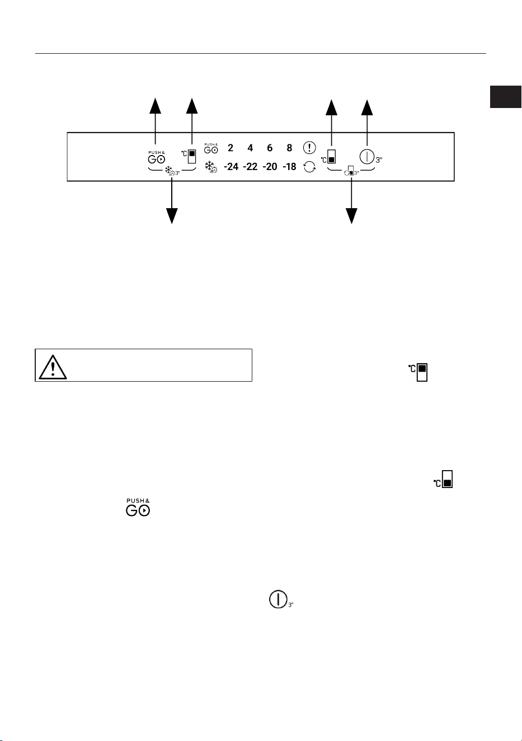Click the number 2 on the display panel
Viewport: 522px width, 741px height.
[x=231, y=148]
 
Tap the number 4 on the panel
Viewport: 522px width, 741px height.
[x=250, y=148]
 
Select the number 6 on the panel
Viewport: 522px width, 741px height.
[x=270, y=148]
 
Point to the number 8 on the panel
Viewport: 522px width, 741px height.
[x=289, y=148]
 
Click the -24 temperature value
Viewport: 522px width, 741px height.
[x=231, y=166]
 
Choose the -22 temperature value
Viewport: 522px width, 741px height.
[x=250, y=166]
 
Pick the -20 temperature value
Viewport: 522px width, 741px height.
[x=270, y=166]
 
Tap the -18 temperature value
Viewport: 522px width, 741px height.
[x=289, y=166]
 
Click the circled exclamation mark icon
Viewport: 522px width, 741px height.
[x=309, y=147]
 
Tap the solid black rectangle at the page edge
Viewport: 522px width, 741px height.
[x=505, y=97]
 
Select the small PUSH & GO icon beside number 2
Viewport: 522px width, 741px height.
[x=211, y=148]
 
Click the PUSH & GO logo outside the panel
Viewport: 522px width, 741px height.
[x=138, y=508]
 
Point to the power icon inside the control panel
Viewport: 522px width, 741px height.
[x=367, y=157]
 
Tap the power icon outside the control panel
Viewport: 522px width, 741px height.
[x=278, y=599]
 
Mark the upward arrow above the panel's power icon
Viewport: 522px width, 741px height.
[x=367, y=123]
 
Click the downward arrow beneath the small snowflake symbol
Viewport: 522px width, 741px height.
[x=172, y=201]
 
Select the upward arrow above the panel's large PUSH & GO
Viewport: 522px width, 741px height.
[x=155, y=121]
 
